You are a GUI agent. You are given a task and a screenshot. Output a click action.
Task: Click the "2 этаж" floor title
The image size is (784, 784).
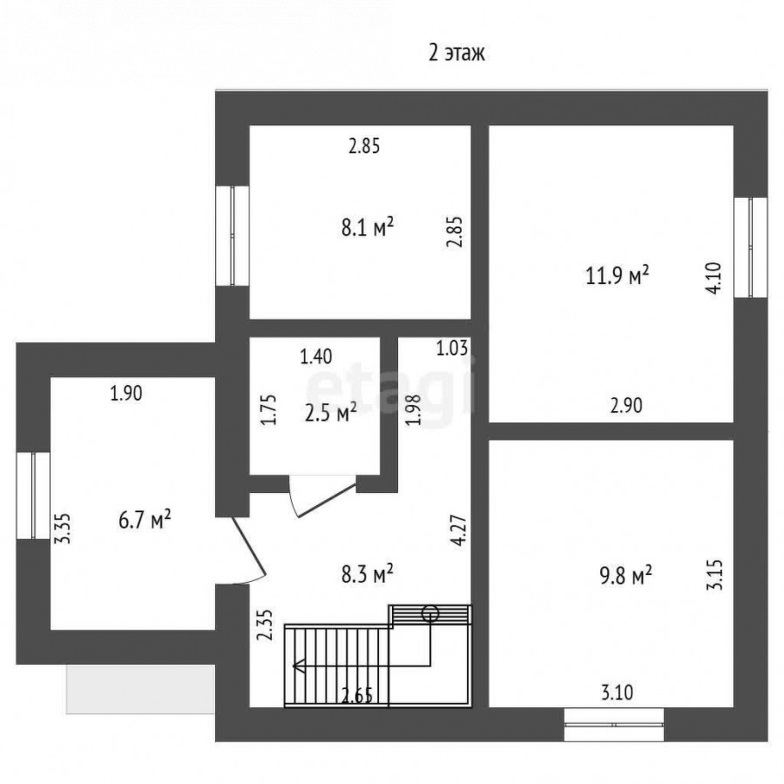(x=456, y=52)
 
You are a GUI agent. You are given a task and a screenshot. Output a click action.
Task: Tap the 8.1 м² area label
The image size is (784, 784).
(x=368, y=227)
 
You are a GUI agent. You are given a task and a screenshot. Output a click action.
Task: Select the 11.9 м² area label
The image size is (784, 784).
(x=617, y=274)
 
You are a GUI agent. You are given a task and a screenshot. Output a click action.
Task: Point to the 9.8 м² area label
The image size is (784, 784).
(x=625, y=576)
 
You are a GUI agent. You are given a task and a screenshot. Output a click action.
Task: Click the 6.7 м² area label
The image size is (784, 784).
(x=145, y=520)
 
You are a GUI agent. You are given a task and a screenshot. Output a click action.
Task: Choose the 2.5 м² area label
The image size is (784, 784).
(x=330, y=414)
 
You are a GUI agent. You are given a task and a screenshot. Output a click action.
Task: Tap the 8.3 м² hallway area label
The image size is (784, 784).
(x=367, y=575)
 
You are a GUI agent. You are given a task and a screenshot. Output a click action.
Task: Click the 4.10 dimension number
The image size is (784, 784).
(x=714, y=278)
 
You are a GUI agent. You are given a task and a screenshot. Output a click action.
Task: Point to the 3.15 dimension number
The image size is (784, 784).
(x=714, y=575)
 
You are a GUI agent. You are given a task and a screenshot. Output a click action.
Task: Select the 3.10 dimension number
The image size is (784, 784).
(x=617, y=693)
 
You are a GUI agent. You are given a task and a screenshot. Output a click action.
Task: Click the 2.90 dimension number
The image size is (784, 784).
(x=626, y=405)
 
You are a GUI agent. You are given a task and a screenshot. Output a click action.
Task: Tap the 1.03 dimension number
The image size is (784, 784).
(x=452, y=348)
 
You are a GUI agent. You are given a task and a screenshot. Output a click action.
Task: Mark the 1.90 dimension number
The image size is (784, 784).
(x=126, y=394)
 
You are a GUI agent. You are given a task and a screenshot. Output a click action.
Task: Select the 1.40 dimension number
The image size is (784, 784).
(x=316, y=356)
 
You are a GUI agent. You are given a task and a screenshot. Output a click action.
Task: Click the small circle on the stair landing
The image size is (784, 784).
(x=430, y=613)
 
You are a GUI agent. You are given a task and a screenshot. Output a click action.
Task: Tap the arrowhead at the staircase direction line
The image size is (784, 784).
(x=299, y=666)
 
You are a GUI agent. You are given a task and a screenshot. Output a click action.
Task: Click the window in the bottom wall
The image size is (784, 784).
(x=614, y=724)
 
